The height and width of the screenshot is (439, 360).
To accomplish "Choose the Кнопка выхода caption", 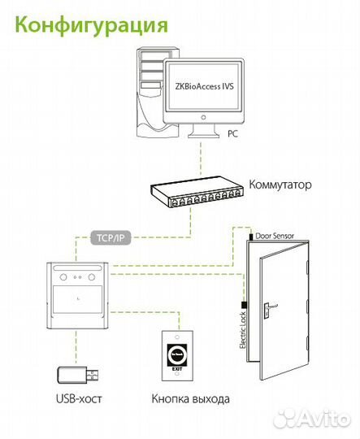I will pos(189,399).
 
